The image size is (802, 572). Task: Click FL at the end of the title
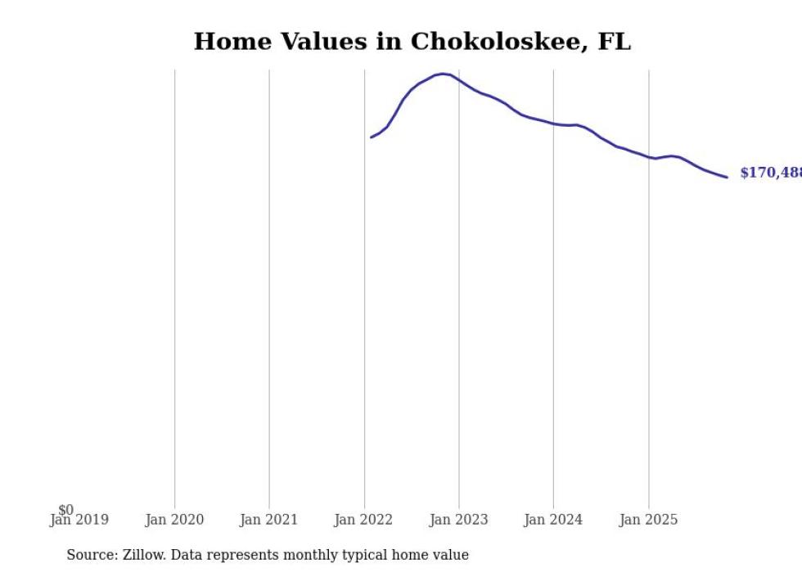pyautogui.click(x=614, y=42)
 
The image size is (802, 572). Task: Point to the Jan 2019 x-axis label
pyautogui.click(x=79, y=520)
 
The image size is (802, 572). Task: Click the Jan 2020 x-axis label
pyautogui.click(x=174, y=520)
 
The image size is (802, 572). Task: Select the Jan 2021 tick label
pyautogui.click(x=269, y=520)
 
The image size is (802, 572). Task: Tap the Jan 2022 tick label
pyautogui.click(x=363, y=520)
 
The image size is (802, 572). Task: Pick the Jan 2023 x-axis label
pyautogui.click(x=458, y=520)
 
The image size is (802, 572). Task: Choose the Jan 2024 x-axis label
pyautogui.click(x=553, y=520)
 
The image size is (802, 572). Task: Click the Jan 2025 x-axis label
pyautogui.click(x=648, y=520)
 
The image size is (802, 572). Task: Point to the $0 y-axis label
pyautogui.click(x=65, y=510)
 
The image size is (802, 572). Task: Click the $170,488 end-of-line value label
pyautogui.click(x=770, y=173)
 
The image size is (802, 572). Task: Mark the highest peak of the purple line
pyautogui.click(x=443, y=74)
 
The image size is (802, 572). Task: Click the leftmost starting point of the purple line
pyautogui.click(x=371, y=137)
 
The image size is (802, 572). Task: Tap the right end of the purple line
pyautogui.click(x=727, y=177)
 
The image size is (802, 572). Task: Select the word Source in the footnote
pyautogui.click(x=91, y=555)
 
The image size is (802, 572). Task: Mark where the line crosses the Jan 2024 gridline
pyautogui.click(x=553, y=124)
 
